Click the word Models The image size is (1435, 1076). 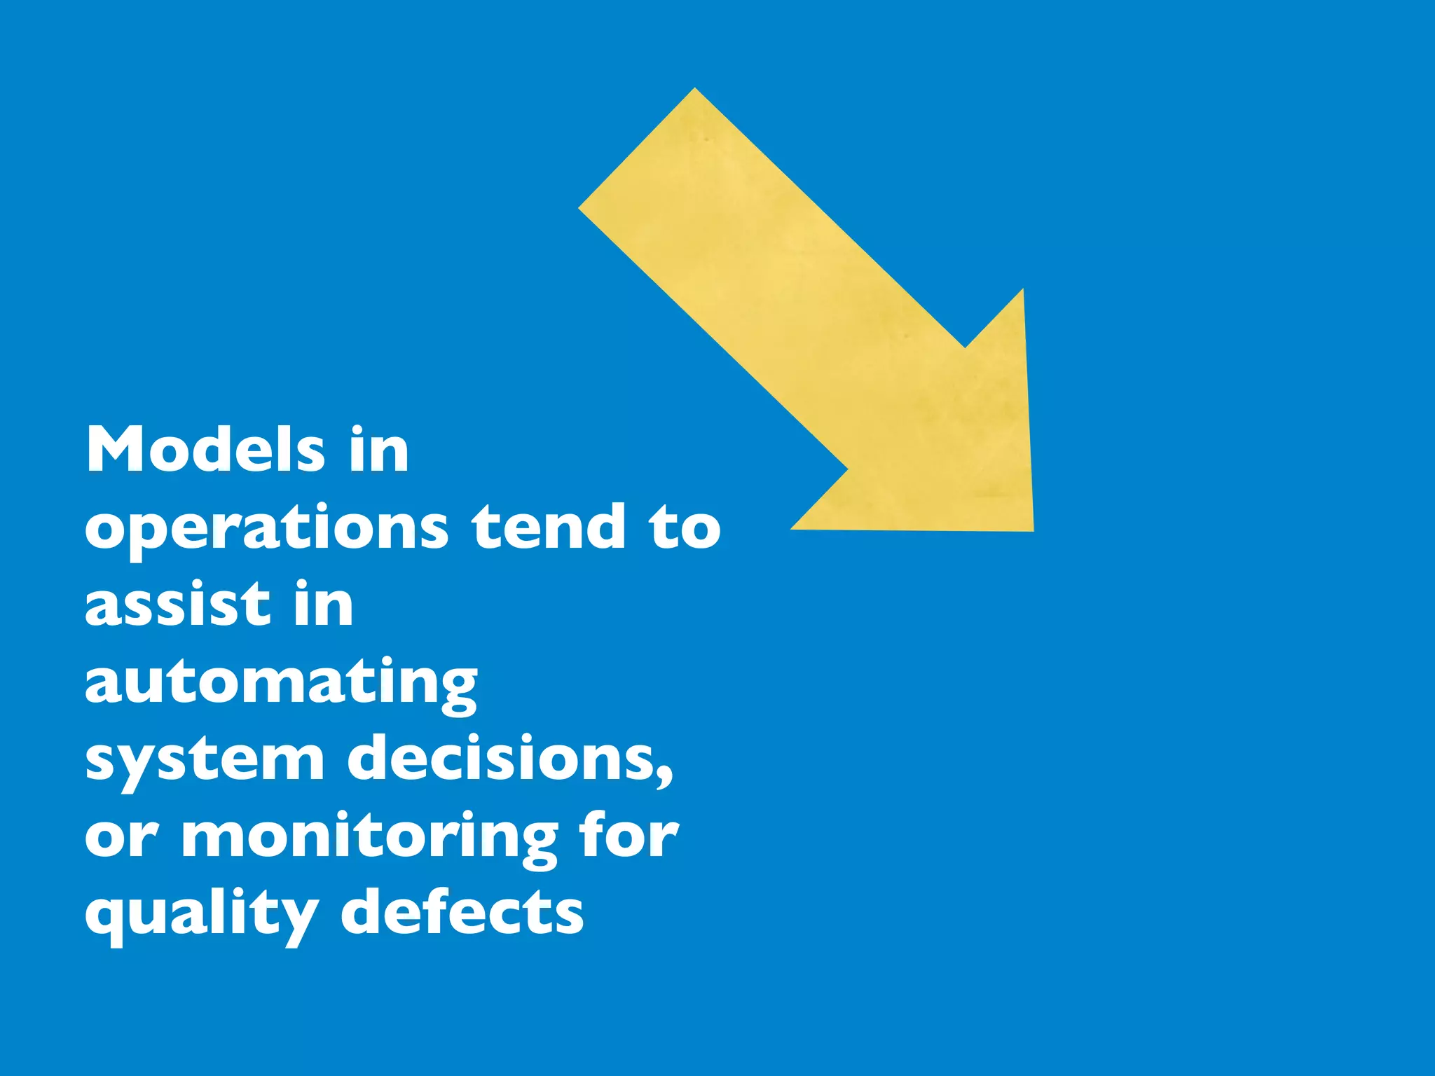205,450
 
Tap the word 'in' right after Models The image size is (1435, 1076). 379,450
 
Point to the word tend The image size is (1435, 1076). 548,527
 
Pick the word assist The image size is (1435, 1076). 177,604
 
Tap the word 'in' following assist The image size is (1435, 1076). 324,604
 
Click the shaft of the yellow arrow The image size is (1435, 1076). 771,280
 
